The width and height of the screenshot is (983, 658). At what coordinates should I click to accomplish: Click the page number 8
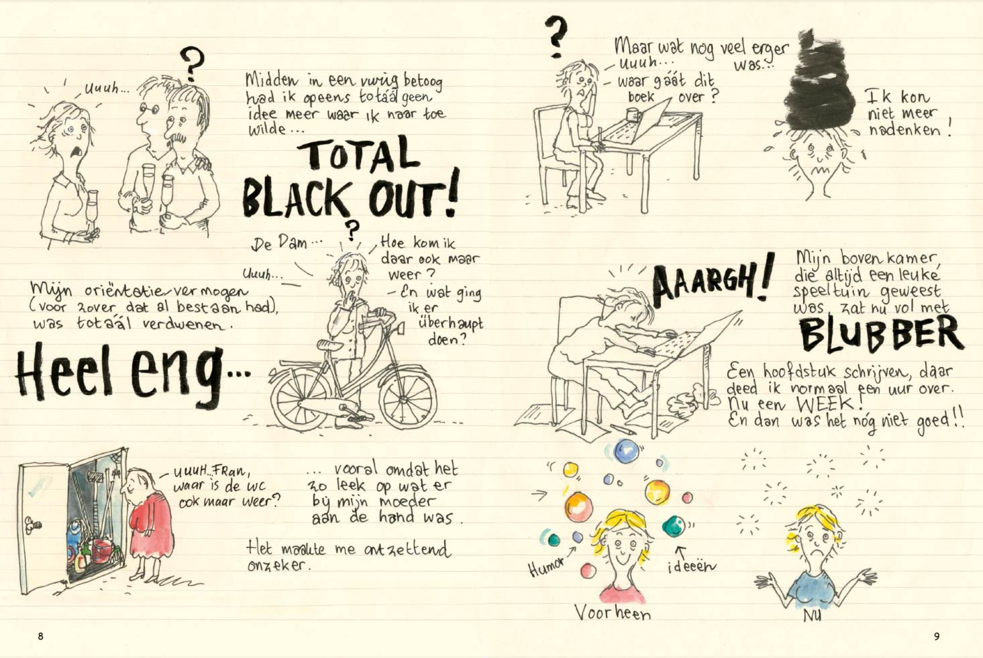coord(41,636)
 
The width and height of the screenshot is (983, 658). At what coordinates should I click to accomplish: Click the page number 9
coord(937,636)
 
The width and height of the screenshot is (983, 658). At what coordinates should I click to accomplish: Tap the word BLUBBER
coord(881,335)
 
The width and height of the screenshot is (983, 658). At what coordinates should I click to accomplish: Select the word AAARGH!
coord(712,281)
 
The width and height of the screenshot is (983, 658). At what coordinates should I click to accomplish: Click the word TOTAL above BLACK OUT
coord(358,154)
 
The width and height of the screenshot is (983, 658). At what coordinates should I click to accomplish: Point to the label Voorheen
coord(613,612)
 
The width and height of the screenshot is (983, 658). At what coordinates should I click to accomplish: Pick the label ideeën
coord(691,566)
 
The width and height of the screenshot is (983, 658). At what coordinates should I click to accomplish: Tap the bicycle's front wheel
coord(408,400)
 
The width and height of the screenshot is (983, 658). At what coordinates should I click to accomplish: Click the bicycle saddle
coord(330,345)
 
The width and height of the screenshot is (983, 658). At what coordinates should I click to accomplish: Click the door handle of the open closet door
coord(32,525)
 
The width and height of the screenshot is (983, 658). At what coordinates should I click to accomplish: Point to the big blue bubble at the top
coord(626,451)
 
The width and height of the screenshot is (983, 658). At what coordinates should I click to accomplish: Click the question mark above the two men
coord(192,64)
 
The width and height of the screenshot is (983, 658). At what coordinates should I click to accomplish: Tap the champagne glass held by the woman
coord(93,211)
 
